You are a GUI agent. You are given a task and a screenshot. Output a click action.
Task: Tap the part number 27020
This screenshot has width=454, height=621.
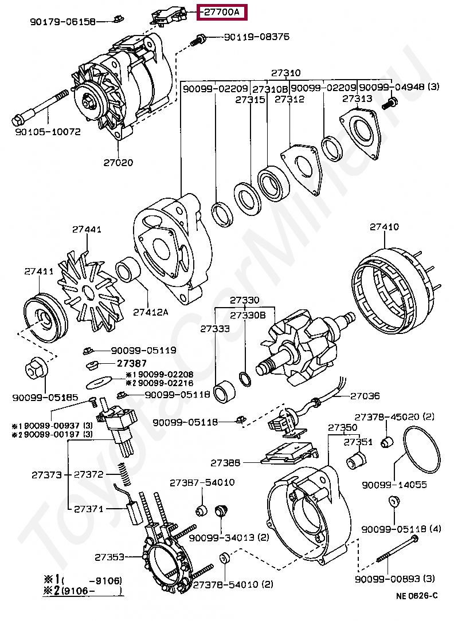click(x=118, y=163)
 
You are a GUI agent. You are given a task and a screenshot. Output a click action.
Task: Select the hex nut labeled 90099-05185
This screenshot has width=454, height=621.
click(x=36, y=370)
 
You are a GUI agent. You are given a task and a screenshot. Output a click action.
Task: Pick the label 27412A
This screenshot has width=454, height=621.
click(x=150, y=312)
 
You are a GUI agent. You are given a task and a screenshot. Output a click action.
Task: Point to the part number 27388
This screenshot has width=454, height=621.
click(x=225, y=462)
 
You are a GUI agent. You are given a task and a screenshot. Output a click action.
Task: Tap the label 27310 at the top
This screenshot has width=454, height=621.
click(x=285, y=73)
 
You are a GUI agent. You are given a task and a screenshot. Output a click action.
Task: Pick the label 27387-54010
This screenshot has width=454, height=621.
click(x=202, y=483)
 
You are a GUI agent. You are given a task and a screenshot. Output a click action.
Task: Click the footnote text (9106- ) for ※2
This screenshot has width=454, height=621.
click(x=92, y=591)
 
